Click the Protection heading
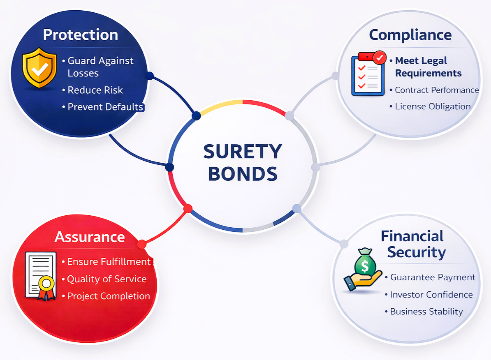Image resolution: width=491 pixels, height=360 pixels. [81, 35]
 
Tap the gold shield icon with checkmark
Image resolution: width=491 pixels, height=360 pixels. [39, 68]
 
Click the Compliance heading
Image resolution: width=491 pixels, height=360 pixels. [410, 35]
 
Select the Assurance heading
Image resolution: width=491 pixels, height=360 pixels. [90, 237]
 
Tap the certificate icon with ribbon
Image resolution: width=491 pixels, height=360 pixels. [42, 276]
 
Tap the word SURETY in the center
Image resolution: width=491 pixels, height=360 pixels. [243, 152]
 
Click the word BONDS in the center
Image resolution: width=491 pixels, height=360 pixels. [243, 174]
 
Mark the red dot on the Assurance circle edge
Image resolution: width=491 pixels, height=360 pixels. [142, 244]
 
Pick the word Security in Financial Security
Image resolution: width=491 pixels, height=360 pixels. [417, 252]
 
